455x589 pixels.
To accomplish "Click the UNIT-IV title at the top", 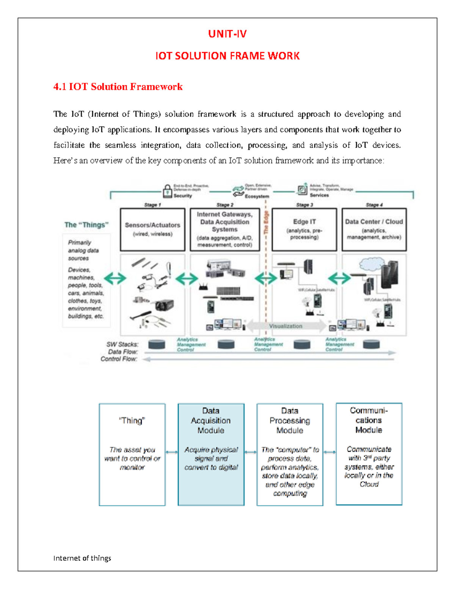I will pyautogui.click(x=227, y=34).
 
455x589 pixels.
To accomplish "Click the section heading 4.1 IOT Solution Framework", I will pyautogui.click(x=118, y=87).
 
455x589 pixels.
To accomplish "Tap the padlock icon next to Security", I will pyautogui.click(x=167, y=191).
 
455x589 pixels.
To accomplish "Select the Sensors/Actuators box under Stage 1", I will pyautogui.click(x=152, y=229).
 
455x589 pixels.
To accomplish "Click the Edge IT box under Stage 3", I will pyautogui.click(x=304, y=229).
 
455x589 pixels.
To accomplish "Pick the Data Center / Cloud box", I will pyautogui.click(x=374, y=229).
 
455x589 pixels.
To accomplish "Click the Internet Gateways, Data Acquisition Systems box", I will pyautogui.click(x=225, y=229).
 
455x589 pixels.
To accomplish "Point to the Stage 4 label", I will pyautogui.click(x=374, y=205).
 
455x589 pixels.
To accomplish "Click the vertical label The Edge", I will pyautogui.click(x=266, y=223).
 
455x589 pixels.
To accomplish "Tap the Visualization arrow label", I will pyautogui.click(x=286, y=326).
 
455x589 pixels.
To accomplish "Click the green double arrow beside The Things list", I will pyautogui.click(x=115, y=278).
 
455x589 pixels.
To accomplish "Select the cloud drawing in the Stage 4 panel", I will pyautogui.click(x=372, y=264).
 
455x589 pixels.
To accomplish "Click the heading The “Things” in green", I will pyautogui.click(x=86, y=225).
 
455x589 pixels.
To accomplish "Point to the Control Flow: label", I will pyautogui.click(x=118, y=359).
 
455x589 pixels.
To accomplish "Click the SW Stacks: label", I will pyautogui.click(x=122, y=344).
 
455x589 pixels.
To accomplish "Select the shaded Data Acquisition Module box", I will pyautogui.click(x=211, y=454).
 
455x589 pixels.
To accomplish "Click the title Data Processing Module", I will pyautogui.click(x=290, y=421).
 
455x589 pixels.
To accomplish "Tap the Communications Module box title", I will pyautogui.click(x=369, y=420).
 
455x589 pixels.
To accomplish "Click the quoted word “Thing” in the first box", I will pyautogui.click(x=132, y=421).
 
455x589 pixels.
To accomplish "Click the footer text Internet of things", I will pyautogui.click(x=82, y=558).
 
